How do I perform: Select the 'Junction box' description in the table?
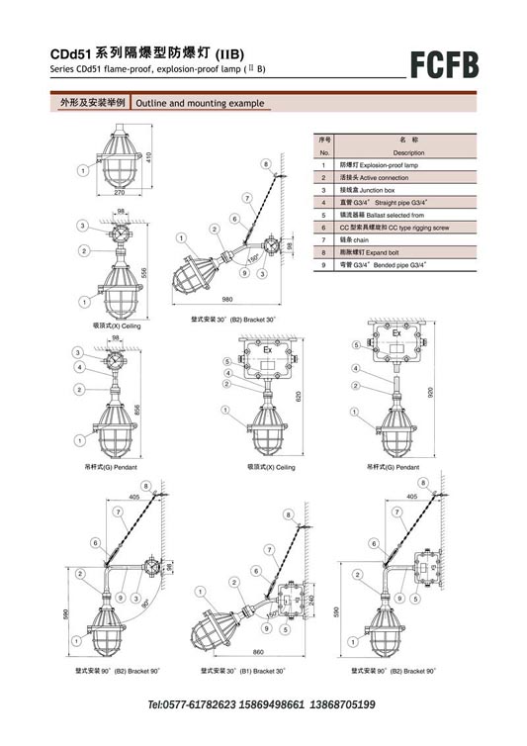tap(367, 188)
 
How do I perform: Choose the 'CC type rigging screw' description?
tap(394, 227)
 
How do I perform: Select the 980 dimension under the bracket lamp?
tap(227, 298)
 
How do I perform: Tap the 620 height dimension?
tap(297, 396)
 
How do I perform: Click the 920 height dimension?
tap(432, 392)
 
